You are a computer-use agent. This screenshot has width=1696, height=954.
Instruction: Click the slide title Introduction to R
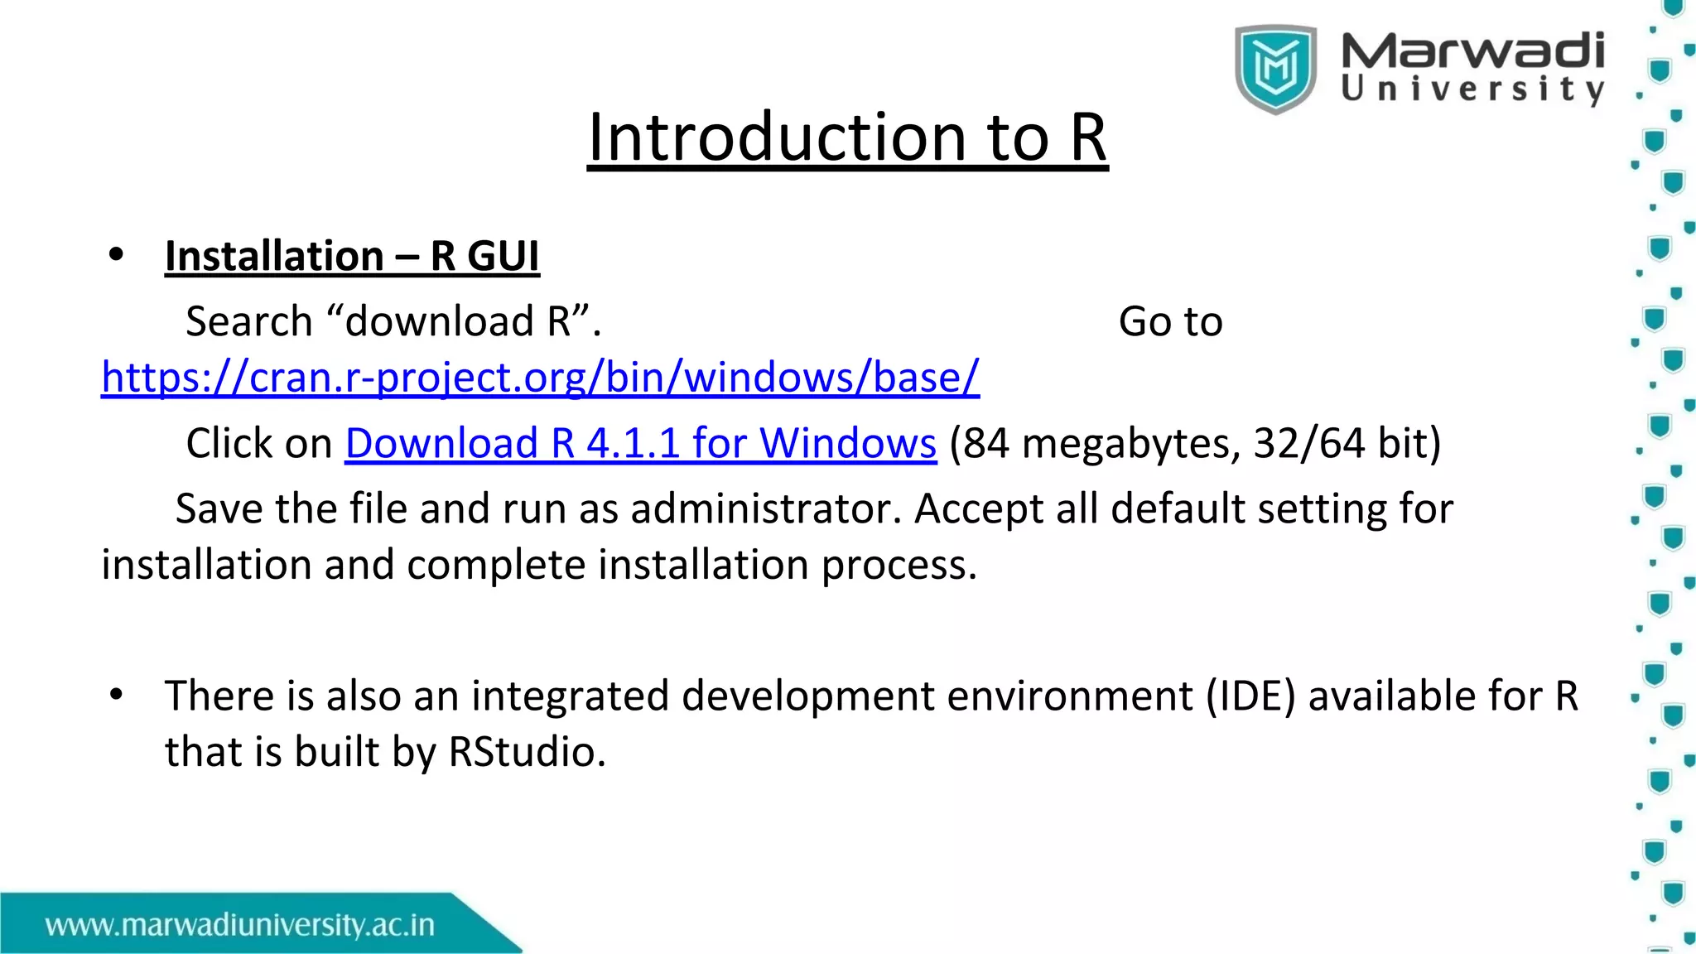pos(847,137)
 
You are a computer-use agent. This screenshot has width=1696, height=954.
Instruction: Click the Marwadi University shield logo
pos(1275,69)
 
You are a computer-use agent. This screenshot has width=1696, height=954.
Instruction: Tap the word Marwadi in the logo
pos(1472,51)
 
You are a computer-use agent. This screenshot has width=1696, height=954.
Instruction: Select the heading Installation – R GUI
pos(352,256)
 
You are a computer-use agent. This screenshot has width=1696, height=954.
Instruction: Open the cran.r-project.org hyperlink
pos(540,378)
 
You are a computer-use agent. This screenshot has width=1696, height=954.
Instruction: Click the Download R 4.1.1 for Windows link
pos(640,443)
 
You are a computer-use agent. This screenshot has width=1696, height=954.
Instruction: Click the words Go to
pos(1170,321)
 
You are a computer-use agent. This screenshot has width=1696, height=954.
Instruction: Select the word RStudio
pos(527,752)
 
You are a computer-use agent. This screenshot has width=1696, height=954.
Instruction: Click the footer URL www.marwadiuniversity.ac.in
pos(240,925)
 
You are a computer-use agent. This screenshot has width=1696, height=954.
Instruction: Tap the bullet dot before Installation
pos(116,256)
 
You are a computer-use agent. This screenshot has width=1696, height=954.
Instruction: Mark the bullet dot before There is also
pos(116,695)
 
